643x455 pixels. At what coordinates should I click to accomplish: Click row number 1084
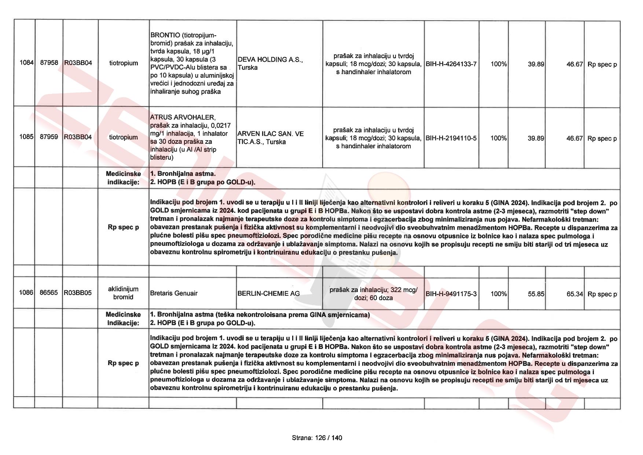tap(26, 63)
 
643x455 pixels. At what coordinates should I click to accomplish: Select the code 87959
tap(49, 137)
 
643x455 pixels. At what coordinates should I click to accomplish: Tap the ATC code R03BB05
tap(78, 293)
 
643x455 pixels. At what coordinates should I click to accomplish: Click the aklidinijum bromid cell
tap(123, 293)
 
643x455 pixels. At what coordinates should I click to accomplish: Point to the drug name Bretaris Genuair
tap(174, 293)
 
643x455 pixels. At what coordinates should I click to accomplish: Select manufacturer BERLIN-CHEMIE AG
tap(268, 294)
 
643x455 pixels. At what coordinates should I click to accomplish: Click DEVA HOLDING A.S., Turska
tap(270, 63)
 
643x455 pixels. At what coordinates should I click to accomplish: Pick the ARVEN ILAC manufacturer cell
tap(271, 138)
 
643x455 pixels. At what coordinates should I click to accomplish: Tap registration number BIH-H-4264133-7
tap(451, 64)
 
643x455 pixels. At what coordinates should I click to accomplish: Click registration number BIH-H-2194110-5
tap(451, 138)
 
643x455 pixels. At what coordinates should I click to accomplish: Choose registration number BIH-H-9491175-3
tap(451, 294)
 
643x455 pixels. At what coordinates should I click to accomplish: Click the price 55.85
tap(536, 294)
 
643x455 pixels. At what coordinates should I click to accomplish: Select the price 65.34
tap(574, 294)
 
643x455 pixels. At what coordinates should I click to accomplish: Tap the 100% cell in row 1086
tap(499, 294)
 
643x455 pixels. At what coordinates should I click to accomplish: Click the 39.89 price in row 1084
tap(536, 64)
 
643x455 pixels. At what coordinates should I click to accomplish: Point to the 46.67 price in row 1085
tap(574, 138)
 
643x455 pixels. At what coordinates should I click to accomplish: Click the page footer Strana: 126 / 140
tap(317, 438)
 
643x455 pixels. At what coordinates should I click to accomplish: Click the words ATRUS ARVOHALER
tap(183, 117)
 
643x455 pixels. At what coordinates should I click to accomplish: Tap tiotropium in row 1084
tap(124, 63)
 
